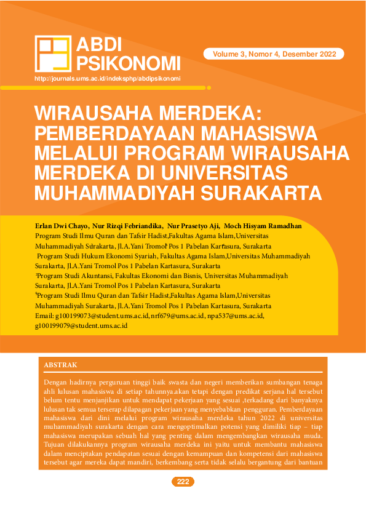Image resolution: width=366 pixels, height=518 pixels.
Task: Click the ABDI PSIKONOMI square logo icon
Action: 53,54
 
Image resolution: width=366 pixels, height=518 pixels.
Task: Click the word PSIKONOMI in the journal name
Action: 128,63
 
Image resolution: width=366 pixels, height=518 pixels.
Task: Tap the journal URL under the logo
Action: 108,79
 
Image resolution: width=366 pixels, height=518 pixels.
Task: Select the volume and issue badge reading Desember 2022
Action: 274,54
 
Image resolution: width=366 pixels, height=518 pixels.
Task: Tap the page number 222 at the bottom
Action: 183,482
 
